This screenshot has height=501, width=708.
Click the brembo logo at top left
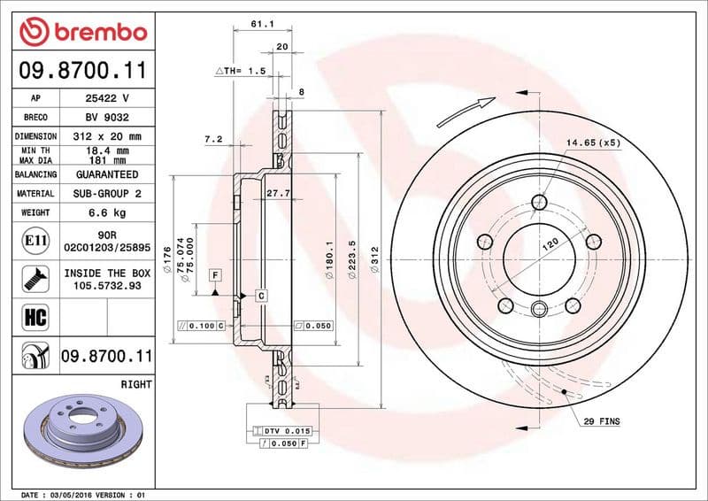tap(82, 33)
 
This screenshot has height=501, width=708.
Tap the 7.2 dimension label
tap(212, 139)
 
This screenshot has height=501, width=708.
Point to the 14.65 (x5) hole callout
tap(594, 143)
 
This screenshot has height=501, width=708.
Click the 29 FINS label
tap(602, 422)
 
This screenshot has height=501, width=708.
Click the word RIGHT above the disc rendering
tap(135, 385)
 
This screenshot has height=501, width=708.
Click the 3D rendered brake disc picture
tap(81, 432)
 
